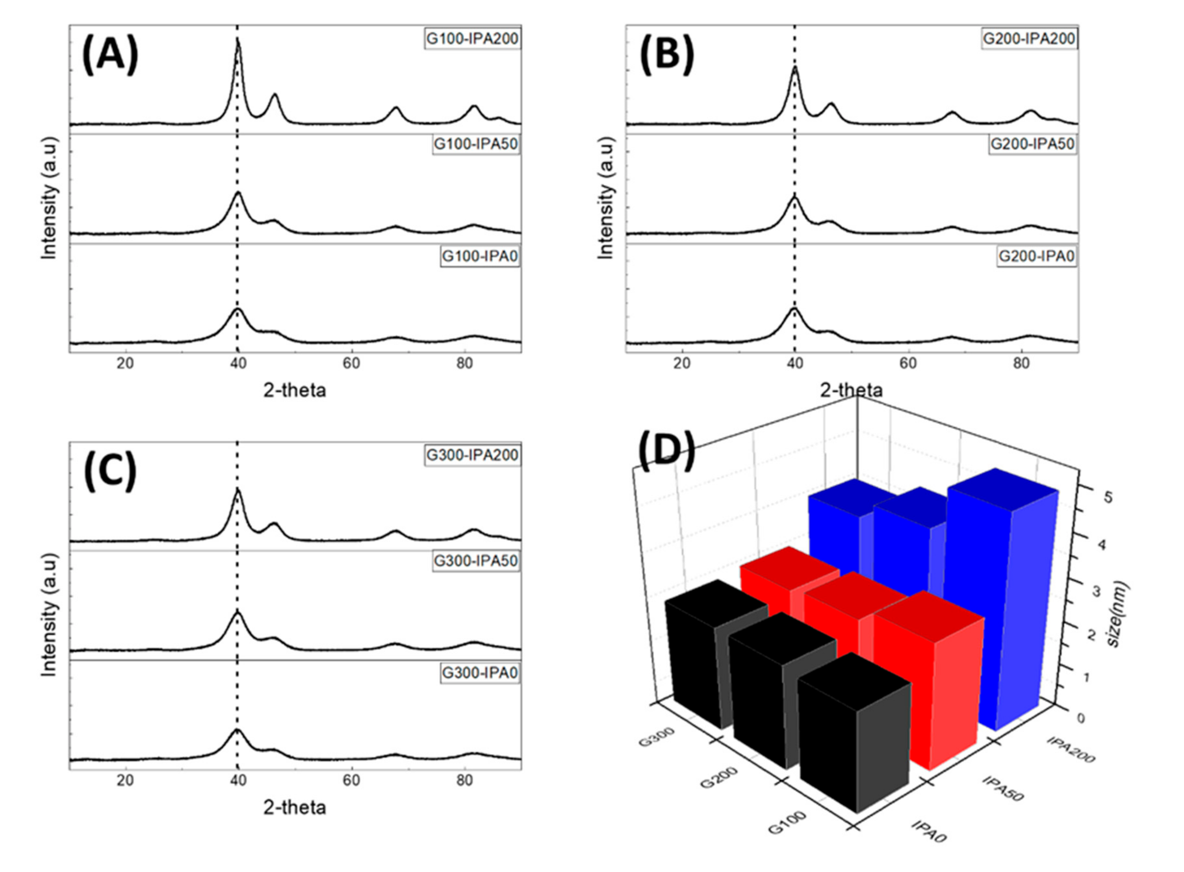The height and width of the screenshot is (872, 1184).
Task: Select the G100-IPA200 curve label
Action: [x=472, y=39]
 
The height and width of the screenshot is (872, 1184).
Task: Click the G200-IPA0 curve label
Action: [x=1036, y=257]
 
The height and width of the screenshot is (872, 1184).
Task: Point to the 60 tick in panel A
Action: [x=351, y=364]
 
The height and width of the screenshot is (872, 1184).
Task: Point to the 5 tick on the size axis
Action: [x=1107, y=497]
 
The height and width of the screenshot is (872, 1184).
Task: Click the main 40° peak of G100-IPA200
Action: [x=238, y=42]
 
